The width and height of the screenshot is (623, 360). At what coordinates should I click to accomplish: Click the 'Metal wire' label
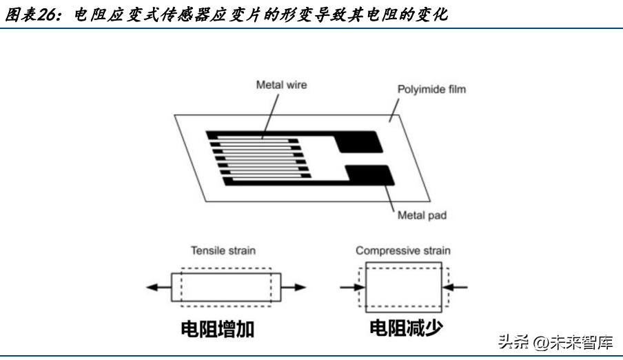281,86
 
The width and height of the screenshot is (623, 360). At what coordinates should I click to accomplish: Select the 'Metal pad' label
422,215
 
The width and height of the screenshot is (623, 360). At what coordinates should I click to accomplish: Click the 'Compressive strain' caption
403,251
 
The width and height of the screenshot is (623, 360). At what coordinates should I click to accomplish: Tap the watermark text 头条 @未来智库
554,341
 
